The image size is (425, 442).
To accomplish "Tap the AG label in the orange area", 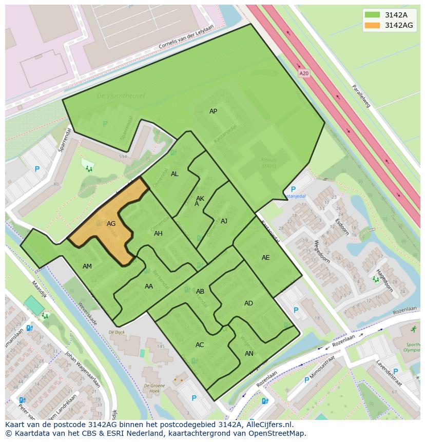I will [111, 224].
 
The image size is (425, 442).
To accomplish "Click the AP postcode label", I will [213, 111].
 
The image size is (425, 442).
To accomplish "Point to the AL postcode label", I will [175, 174].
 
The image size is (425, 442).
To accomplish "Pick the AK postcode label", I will [200, 199].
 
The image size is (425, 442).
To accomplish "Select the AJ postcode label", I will [224, 221].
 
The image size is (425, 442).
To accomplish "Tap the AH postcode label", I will [158, 234].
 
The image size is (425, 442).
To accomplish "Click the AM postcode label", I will [87, 266].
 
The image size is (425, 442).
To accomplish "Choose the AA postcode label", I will [149, 286].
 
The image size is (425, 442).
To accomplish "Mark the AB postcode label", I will [200, 292].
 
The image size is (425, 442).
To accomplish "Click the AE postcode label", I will [265, 258].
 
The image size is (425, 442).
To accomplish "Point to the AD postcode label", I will [248, 303].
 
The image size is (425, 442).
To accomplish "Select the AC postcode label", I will [200, 345].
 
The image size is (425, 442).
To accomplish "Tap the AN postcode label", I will [249, 354].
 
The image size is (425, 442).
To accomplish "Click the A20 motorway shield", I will [304, 73].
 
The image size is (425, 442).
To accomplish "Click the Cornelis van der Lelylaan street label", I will [186, 38].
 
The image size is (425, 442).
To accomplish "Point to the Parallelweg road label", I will [361, 97].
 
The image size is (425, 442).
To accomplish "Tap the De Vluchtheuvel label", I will [121, 96].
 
